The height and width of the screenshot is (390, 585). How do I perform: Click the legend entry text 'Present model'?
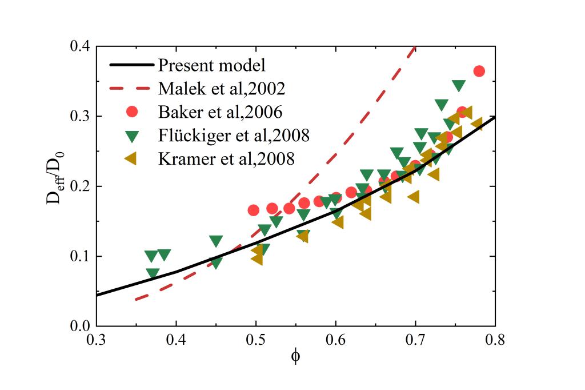[x=212, y=65]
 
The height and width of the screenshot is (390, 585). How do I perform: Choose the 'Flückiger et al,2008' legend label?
[x=234, y=135]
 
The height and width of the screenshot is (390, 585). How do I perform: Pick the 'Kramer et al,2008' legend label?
[x=226, y=158]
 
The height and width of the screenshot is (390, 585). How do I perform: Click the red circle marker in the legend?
[x=132, y=112]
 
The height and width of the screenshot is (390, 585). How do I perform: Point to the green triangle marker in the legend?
[x=132, y=136]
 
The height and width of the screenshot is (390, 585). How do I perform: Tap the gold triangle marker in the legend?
[x=131, y=158]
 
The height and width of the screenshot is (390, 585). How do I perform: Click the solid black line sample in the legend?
[x=132, y=65]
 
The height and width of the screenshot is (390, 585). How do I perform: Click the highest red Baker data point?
[x=479, y=71]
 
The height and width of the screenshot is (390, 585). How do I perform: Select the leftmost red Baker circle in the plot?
[x=254, y=210]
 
